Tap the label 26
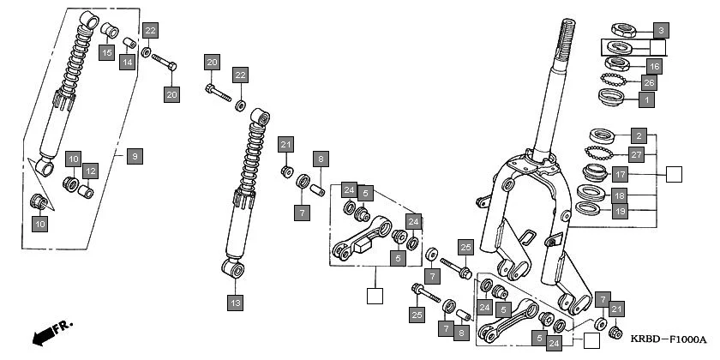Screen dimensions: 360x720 click(649, 83)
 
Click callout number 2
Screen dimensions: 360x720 click(638, 135)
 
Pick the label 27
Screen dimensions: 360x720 click(635, 155)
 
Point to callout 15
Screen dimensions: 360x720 click(106, 54)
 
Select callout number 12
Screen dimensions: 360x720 click(90, 171)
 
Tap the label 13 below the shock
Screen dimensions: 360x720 click(234, 302)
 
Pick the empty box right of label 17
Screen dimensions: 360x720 click(674, 175)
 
